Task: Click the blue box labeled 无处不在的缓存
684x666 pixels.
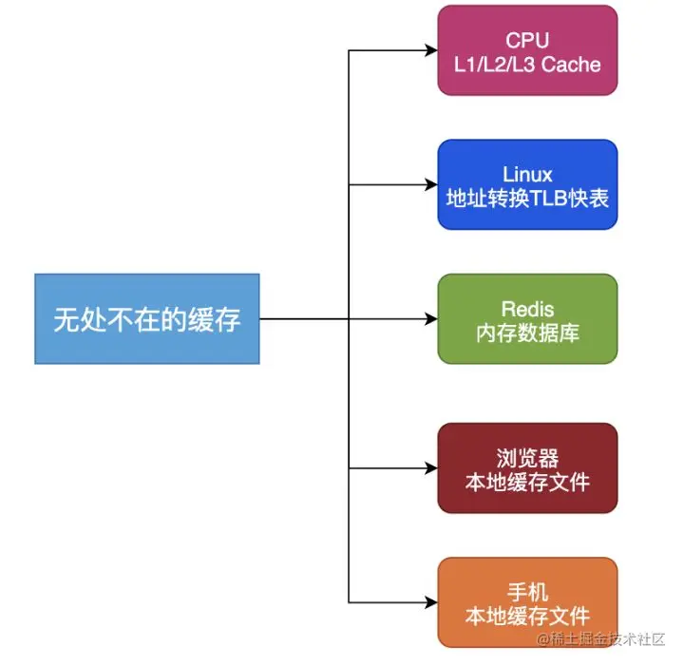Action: [147, 319]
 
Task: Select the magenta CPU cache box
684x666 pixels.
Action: [527, 50]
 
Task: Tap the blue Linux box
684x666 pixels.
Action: [527, 184]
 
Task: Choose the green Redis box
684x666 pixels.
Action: [527, 319]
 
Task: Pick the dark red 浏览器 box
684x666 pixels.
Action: [527, 468]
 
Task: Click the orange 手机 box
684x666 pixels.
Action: [527, 602]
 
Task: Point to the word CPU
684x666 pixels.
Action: [527, 40]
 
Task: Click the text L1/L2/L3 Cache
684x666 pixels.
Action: [527, 64]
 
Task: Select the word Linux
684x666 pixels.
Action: [527, 174]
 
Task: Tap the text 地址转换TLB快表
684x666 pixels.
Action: [527, 198]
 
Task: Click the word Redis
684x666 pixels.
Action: [527, 309]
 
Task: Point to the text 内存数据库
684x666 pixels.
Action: [527, 333]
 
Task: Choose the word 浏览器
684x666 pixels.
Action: [527, 458]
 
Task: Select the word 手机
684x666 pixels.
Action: [527, 591]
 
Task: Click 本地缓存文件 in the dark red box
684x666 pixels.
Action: [527, 482]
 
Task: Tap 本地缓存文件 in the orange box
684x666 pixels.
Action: [527, 616]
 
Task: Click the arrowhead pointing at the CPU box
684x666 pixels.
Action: [430, 50]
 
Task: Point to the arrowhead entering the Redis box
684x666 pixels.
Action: [430, 319]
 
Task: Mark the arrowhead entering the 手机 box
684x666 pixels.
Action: [430, 602]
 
